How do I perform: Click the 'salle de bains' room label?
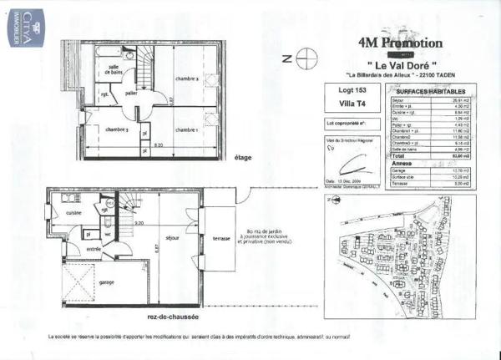pyautogui.click(x=114, y=72)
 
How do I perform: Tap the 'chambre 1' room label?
pyautogui.click(x=185, y=129)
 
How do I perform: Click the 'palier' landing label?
pyautogui.click(x=132, y=94)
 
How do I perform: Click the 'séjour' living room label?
pyautogui.click(x=173, y=238)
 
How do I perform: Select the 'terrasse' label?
pyautogui.click(x=221, y=238)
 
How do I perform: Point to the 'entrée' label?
pyautogui.click(x=94, y=248)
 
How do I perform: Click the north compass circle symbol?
pyautogui.click(x=307, y=59)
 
